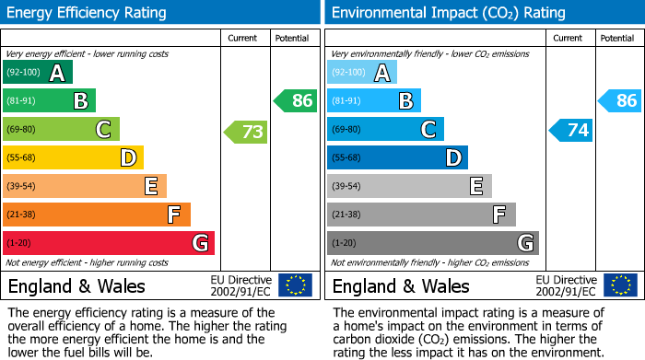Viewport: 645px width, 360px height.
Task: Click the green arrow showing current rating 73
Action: click(246, 132)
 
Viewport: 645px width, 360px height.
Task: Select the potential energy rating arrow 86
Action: click(296, 101)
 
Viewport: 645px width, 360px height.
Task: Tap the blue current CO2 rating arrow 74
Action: click(570, 131)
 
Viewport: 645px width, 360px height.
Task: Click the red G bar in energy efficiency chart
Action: click(109, 243)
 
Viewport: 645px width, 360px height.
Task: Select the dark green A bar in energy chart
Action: click(38, 73)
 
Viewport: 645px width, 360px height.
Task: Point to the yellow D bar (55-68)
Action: click(74, 158)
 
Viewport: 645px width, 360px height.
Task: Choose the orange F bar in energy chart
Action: click(97, 215)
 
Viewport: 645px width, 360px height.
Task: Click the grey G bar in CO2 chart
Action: click(432, 243)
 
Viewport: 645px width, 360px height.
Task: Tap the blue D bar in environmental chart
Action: click(397, 158)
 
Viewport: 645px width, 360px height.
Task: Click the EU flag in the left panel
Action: click(295, 285)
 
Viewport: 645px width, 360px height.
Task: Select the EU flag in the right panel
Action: click(619, 285)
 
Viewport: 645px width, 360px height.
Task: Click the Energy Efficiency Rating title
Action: click(88, 13)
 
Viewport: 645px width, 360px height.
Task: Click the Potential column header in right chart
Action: click(616, 38)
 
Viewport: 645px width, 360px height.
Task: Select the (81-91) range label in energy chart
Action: click(22, 101)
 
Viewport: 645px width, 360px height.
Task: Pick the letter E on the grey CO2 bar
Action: click(475, 187)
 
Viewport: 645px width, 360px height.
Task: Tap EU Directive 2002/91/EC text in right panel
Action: click(566, 285)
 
